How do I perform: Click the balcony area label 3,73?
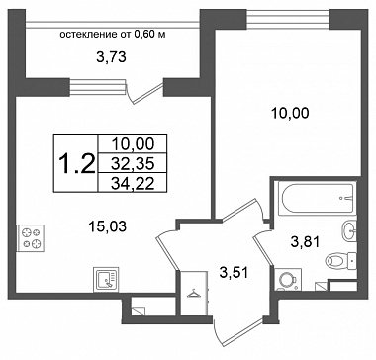(112, 58)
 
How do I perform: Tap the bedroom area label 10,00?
(290, 114)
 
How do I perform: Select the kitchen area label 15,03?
(108, 226)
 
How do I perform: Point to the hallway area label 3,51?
(235, 273)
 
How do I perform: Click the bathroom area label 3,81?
(305, 243)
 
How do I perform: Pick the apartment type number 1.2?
(77, 164)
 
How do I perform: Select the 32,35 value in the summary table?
(133, 163)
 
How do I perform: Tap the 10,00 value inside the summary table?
(133, 144)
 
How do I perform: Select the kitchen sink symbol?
(106, 279)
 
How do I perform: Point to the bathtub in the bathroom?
(317, 198)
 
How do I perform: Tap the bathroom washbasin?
(349, 231)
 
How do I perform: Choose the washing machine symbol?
(288, 280)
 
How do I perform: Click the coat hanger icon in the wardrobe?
(193, 293)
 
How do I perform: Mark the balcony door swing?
(145, 92)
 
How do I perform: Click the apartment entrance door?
(239, 333)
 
